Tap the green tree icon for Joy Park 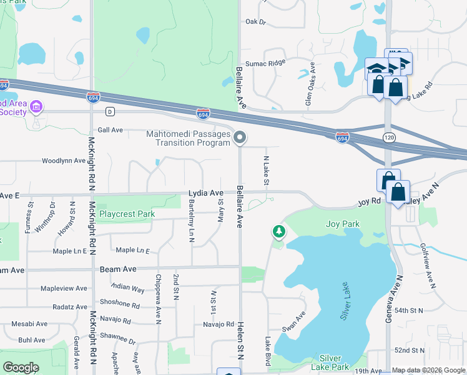(278, 232)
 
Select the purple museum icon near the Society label (36, 107)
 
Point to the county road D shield (110, 112)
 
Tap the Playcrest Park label (127, 214)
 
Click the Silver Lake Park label (334, 362)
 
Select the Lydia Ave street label (205, 193)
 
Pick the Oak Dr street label (255, 22)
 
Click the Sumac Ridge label (265, 62)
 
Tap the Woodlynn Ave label (63, 161)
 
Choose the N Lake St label (266, 171)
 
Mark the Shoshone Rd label (127, 305)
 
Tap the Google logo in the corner (21, 367)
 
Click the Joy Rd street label (369, 202)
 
